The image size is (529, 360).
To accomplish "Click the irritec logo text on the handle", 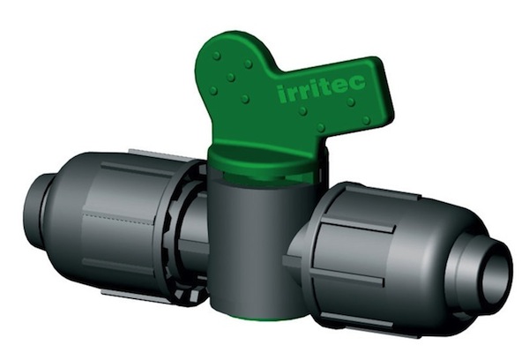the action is (x=321, y=88).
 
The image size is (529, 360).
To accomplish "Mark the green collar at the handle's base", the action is (x=266, y=161).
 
